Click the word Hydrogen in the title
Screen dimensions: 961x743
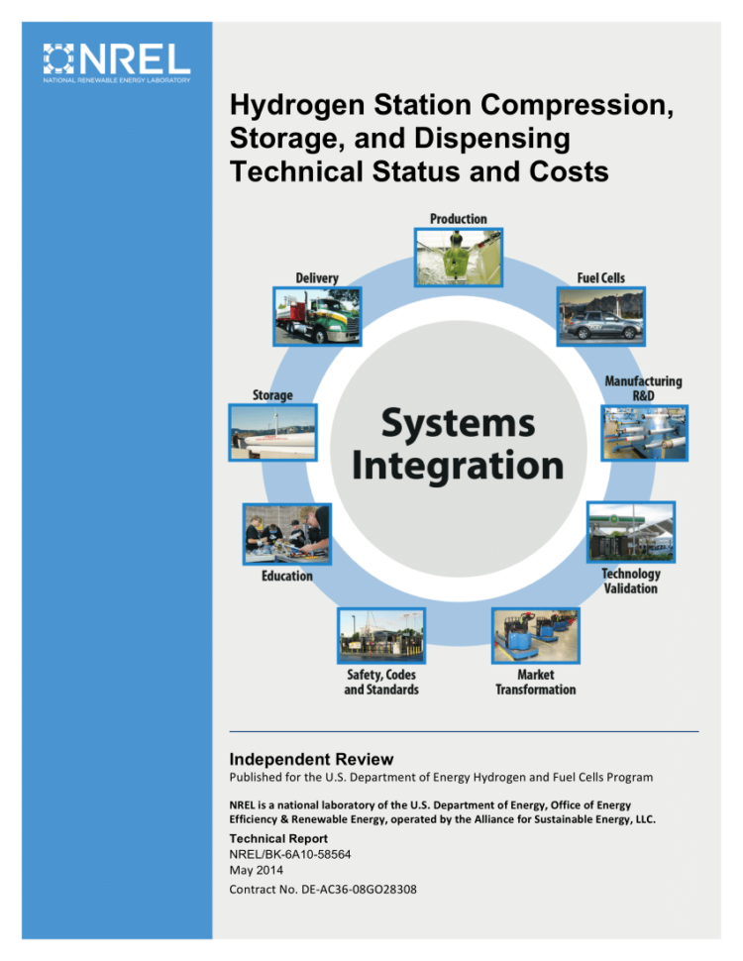pyautogui.click(x=286, y=104)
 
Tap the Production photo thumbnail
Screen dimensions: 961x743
pyautogui.click(x=458, y=257)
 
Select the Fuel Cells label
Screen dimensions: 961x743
pyautogui.click(x=600, y=278)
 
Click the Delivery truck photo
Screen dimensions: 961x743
pyautogui.click(x=317, y=316)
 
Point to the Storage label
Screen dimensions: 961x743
pyautogui.click(x=271, y=395)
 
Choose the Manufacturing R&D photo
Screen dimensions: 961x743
pyautogui.click(x=644, y=432)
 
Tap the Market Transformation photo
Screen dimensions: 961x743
pyautogui.click(x=535, y=636)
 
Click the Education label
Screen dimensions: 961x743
pyautogui.click(x=286, y=576)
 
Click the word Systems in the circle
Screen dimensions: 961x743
pyautogui.click(x=458, y=424)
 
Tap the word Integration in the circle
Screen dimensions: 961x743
pyautogui.click(x=458, y=465)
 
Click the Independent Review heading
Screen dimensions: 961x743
pyautogui.click(x=311, y=760)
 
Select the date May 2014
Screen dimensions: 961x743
pyautogui.click(x=256, y=871)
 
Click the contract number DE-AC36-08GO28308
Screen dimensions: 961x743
pyautogui.click(x=323, y=889)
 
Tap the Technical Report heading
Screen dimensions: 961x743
pyautogui.click(x=285, y=838)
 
